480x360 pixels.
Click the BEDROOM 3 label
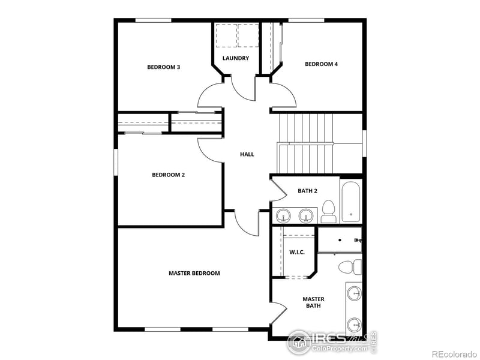tap(164, 67)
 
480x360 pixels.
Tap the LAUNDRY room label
tap(235, 58)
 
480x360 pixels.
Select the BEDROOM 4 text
tap(321, 64)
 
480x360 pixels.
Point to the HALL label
tap(247, 154)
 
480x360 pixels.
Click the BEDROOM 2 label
tap(168, 175)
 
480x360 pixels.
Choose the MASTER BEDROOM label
tap(194, 273)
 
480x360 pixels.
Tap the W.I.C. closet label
tap(297, 252)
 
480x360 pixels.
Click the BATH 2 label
tap(307, 191)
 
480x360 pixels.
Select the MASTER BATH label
tap(313, 302)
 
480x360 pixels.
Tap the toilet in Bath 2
tap(328, 211)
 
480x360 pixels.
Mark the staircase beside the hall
tap(306, 143)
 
